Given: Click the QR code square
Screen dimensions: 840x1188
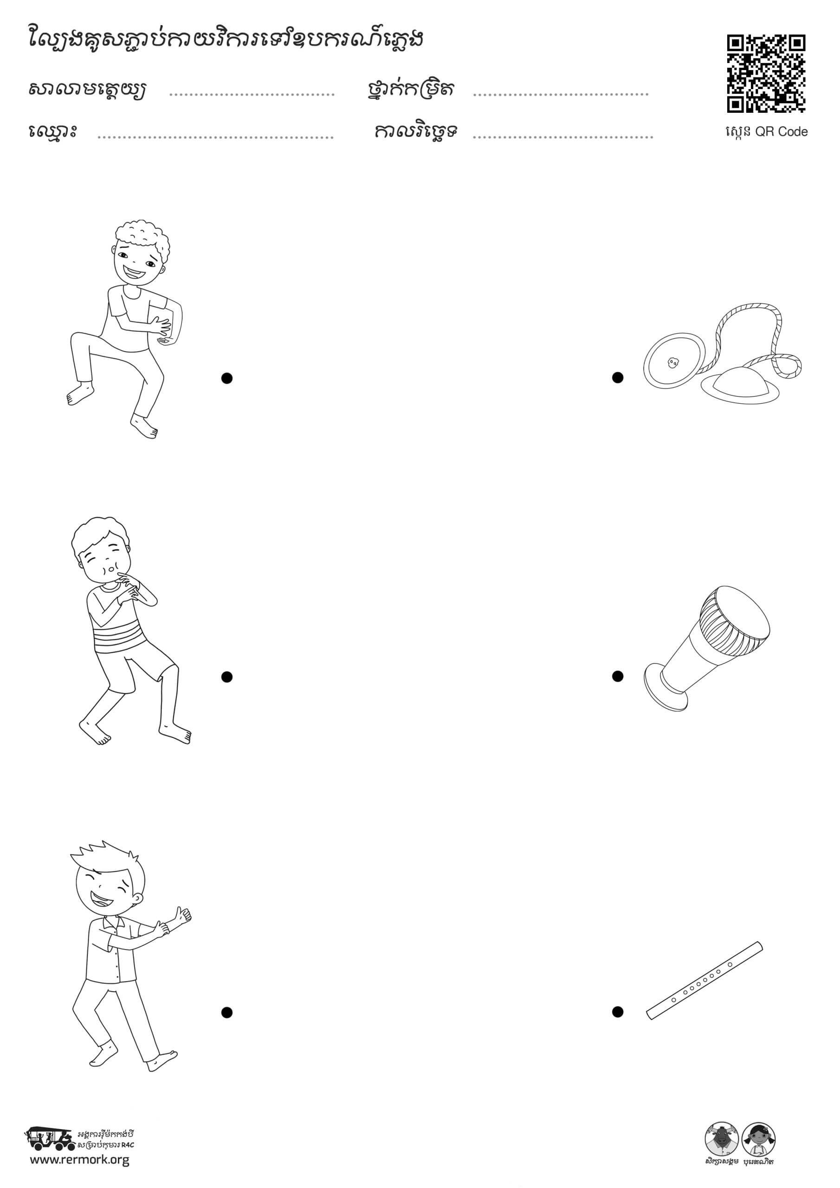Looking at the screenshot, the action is pyautogui.click(x=766, y=73).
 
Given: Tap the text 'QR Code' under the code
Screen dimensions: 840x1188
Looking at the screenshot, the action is pyautogui.click(x=782, y=131).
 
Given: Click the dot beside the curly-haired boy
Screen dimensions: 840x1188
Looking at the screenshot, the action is pyautogui.click(x=226, y=378).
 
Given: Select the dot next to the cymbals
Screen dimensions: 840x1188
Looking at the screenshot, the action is pyautogui.click(x=617, y=378).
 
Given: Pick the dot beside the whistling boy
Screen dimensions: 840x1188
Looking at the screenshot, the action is pyautogui.click(x=226, y=677).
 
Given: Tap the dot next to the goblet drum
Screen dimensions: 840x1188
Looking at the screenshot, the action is pyautogui.click(x=617, y=676).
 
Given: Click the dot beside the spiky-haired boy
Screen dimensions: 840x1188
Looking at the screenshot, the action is pyautogui.click(x=226, y=1013).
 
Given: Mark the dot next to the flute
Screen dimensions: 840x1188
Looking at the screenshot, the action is pyautogui.click(x=617, y=1012).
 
